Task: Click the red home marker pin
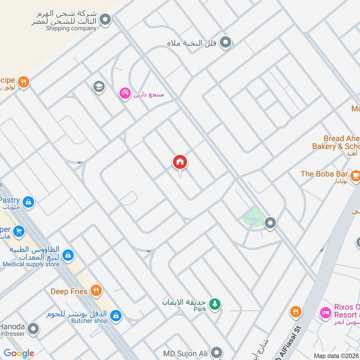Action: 180,162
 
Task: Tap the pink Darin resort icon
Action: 124,93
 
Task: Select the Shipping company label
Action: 71,28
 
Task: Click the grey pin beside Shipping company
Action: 105,20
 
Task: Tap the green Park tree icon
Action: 216,304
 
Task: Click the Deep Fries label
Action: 69,292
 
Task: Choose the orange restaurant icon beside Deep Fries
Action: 95,291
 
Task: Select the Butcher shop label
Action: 90,321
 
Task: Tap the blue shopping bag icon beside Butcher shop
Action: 116,315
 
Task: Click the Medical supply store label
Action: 31,265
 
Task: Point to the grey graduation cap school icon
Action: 99,87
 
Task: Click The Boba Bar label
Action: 324,174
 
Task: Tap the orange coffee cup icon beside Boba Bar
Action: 355,175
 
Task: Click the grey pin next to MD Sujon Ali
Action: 217,352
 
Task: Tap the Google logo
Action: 19,353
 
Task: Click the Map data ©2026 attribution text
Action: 336,355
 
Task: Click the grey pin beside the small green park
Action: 270,222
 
